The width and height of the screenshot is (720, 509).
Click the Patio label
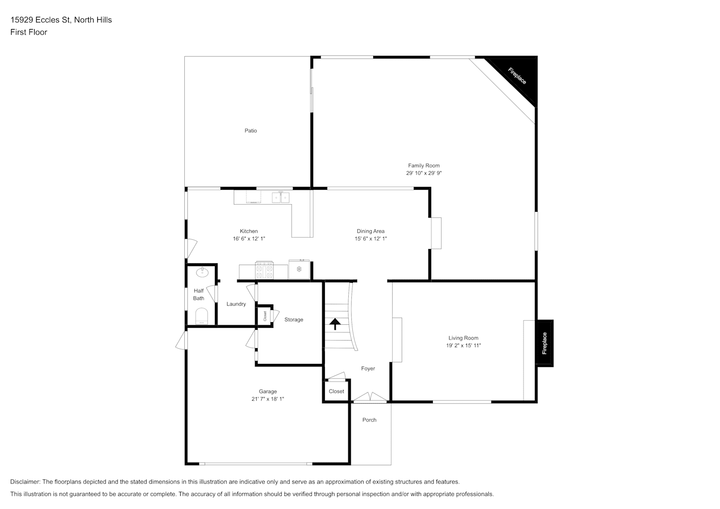pos(251,130)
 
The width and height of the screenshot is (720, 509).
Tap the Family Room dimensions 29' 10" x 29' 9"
pos(424,173)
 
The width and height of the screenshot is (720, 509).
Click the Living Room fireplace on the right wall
pos(544,343)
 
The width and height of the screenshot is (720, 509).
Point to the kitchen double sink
pos(280,197)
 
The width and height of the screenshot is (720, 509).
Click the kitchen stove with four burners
pos(264,270)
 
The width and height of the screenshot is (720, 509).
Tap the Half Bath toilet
pos(202,316)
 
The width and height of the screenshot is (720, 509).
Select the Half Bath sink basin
pos(202,272)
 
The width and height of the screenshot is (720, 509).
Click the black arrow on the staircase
pos(335,324)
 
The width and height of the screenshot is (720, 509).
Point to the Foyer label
pos(368,369)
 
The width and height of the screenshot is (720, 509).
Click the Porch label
pos(369,420)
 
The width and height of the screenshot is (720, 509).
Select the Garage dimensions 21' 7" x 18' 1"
pos(267,399)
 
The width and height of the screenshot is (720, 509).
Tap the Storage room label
pos(293,320)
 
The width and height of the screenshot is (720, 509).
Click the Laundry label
pos(236,304)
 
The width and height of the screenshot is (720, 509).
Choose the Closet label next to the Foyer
pos(336,391)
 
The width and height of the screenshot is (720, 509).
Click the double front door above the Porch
pos(370,398)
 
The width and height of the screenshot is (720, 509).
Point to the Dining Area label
pos(370,231)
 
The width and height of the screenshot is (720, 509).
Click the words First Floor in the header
pos(29,32)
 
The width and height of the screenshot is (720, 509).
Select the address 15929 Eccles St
pos(40,20)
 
